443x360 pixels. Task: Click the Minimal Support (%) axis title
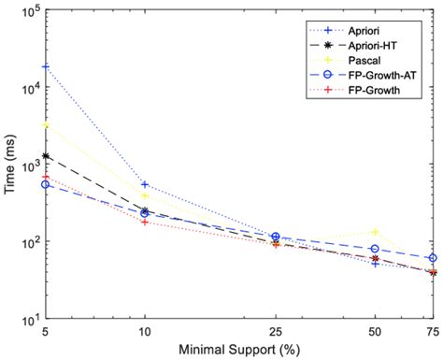point(240,351)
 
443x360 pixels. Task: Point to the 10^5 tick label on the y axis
point(26,11)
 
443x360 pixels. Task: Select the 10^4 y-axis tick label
point(26,88)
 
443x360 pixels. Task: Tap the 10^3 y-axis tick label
point(26,166)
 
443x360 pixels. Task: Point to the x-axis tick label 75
point(432,331)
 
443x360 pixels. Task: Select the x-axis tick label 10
point(145,331)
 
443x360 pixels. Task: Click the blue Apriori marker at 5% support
point(46,67)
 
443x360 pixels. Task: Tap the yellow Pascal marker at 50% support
point(376,232)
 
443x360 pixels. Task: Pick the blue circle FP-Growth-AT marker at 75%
point(432,257)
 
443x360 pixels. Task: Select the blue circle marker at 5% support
point(46,184)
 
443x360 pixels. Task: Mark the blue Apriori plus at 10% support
point(145,184)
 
